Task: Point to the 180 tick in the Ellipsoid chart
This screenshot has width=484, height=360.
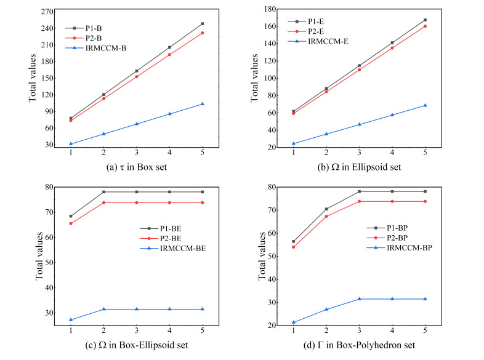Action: (x=269, y=9)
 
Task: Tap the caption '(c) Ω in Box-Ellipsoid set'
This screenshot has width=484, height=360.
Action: (x=135, y=345)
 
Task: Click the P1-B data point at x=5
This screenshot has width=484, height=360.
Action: (x=202, y=24)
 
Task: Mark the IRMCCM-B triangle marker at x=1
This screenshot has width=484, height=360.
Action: (x=71, y=144)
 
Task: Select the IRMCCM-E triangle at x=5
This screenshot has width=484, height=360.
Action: (x=425, y=105)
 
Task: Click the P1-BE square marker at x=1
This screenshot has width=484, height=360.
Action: (x=71, y=216)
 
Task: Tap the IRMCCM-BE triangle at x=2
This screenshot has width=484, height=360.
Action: (x=103, y=309)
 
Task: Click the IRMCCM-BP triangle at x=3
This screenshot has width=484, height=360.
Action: (x=359, y=299)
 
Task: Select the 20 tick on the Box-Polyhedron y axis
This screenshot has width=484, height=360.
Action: (x=271, y=326)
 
